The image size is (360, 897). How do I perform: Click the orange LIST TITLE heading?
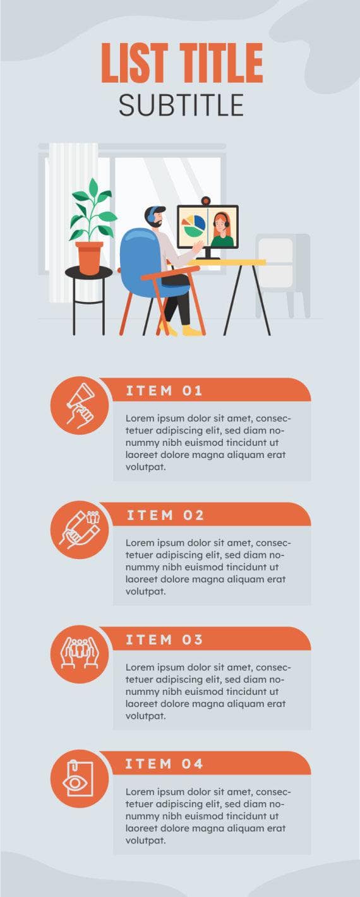(x=181, y=63)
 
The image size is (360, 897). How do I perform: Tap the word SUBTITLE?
(x=181, y=105)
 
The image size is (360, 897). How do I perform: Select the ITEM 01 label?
(x=164, y=390)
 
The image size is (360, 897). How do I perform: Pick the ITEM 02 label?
(x=165, y=515)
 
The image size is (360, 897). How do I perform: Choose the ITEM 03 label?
(x=164, y=639)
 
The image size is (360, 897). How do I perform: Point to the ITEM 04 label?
(x=164, y=764)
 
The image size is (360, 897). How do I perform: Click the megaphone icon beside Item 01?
(x=79, y=405)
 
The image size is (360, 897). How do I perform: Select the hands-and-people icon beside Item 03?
(x=79, y=654)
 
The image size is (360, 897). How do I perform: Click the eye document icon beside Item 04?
(x=79, y=778)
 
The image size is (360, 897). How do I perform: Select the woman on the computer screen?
(x=221, y=230)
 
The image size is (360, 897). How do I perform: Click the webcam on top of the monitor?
(x=206, y=201)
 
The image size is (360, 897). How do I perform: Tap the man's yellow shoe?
(x=191, y=330)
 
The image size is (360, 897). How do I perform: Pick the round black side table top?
(x=88, y=272)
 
